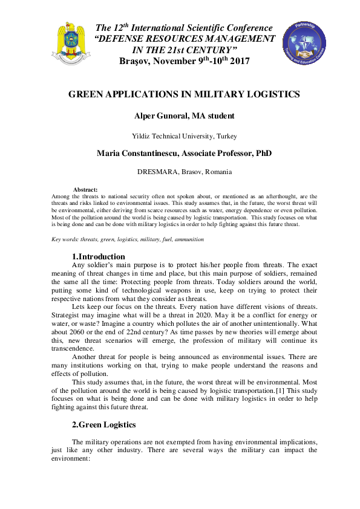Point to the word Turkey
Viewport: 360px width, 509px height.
226,136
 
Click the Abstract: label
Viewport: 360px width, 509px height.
85,190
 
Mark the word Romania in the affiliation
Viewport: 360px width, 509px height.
218,172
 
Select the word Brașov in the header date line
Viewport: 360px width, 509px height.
134,61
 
